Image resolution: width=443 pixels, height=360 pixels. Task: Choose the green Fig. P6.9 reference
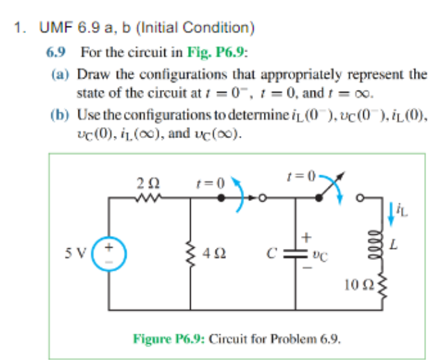point(220,51)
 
